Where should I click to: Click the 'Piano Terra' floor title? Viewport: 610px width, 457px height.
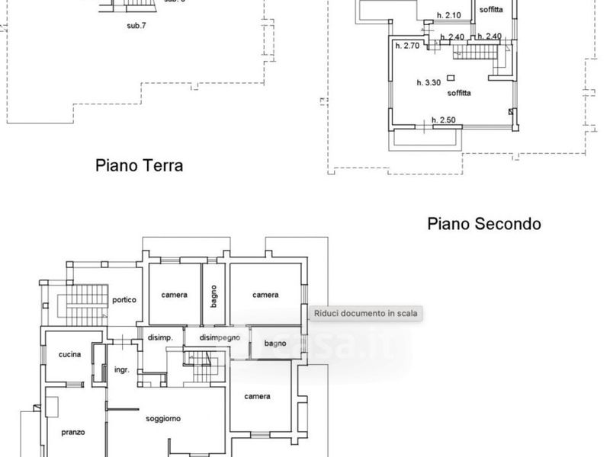click(x=139, y=165)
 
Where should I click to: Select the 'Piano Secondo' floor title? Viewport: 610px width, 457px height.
click(x=484, y=224)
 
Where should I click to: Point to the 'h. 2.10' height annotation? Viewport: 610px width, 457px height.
click(x=449, y=15)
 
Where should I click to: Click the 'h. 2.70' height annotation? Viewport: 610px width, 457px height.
click(x=406, y=46)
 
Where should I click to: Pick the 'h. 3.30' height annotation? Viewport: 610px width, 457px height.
click(x=429, y=81)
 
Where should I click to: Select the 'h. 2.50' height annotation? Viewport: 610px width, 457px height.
click(x=443, y=120)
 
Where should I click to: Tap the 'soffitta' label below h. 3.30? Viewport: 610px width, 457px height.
click(x=459, y=93)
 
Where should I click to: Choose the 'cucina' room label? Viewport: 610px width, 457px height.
click(x=71, y=355)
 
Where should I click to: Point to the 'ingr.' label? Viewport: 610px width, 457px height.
click(x=121, y=370)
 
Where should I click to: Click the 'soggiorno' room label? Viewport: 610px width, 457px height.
click(x=163, y=418)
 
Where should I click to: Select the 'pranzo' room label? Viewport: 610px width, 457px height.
click(x=73, y=432)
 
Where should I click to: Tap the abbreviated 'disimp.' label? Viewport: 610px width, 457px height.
click(x=160, y=337)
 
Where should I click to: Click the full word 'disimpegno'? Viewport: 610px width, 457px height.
click(x=220, y=337)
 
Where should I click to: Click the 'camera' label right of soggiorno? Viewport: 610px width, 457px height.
click(x=257, y=396)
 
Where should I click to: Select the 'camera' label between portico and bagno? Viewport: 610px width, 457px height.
click(x=175, y=295)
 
